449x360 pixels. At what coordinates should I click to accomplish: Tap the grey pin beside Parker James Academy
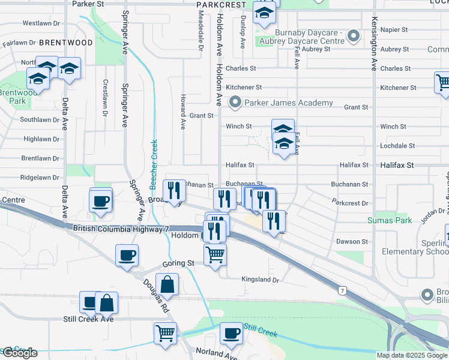[x=235, y=103]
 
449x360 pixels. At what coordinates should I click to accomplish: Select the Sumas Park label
[x=390, y=221]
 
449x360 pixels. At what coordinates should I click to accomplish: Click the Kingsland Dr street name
[x=261, y=280]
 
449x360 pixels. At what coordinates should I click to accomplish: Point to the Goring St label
[x=178, y=263]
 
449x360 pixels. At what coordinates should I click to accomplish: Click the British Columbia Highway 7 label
[x=119, y=229]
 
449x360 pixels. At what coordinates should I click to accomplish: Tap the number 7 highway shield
[x=342, y=290]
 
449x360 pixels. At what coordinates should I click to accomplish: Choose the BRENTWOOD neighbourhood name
[x=66, y=43]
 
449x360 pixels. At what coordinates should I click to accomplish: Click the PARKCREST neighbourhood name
[x=221, y=4]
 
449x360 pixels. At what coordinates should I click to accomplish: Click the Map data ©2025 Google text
[x=412, y=355]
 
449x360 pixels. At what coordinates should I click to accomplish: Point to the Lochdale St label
[x=397, y=146]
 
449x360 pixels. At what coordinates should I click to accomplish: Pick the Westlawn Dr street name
[x=41, y=23]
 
